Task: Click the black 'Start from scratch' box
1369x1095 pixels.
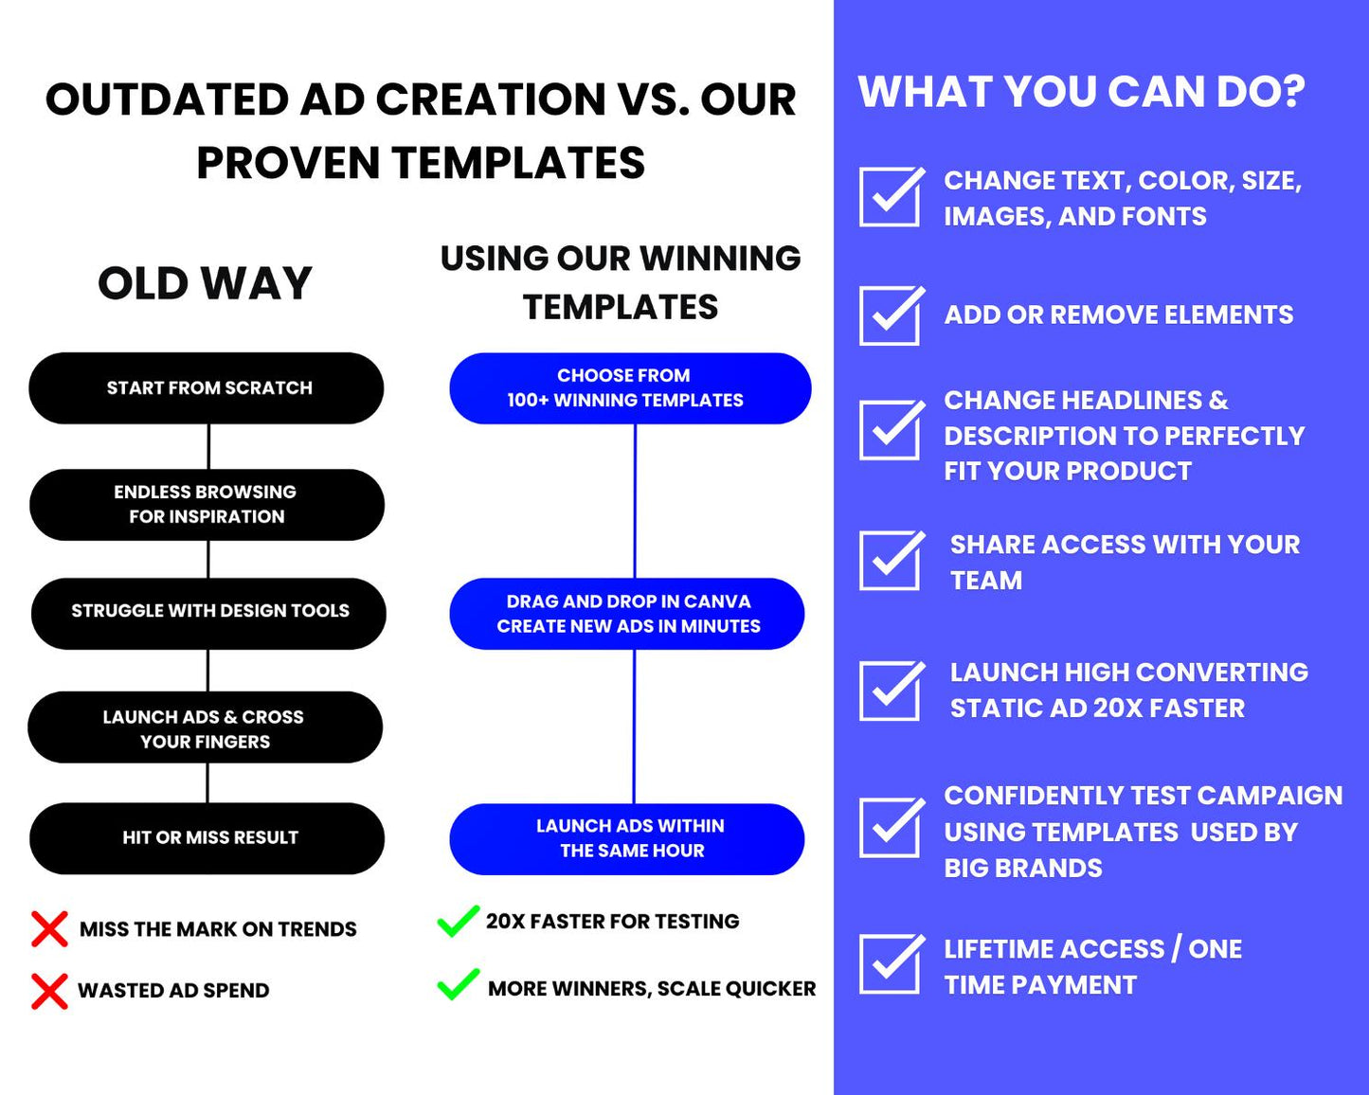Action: (207, 388)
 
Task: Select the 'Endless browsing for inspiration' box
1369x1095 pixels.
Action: (207, 505)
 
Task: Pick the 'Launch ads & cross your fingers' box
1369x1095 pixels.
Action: (205, 727)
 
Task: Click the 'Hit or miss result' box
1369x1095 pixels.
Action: (207, 838)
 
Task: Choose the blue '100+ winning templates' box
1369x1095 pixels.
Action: (630, 388)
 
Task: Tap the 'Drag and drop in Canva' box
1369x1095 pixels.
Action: (627, 614)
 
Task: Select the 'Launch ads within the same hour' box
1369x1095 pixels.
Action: (627, 839)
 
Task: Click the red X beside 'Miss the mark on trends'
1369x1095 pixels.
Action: (49, 929)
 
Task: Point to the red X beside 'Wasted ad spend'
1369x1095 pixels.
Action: (49, 991)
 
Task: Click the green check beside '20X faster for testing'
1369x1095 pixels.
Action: (458, 922)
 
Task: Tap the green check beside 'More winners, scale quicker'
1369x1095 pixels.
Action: (458, 985)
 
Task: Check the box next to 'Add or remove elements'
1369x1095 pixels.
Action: (891, 315)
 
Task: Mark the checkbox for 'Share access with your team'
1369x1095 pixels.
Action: (891, 560)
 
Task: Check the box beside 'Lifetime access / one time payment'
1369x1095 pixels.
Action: (891, 964)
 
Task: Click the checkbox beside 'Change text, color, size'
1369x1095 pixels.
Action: (891, 197)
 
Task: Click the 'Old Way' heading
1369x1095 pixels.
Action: (205, 283)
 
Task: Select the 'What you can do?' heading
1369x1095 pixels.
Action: (1081, 92)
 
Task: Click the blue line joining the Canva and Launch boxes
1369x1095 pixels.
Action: (634, 727)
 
